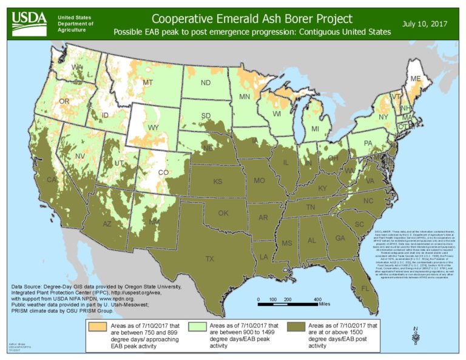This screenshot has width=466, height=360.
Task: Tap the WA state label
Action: point(77,67)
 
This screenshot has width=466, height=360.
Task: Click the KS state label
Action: point(217,182)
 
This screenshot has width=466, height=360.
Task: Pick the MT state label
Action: point(147,83)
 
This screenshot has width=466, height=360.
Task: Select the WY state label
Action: point(153,127)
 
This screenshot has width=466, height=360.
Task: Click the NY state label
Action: point(382,117)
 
